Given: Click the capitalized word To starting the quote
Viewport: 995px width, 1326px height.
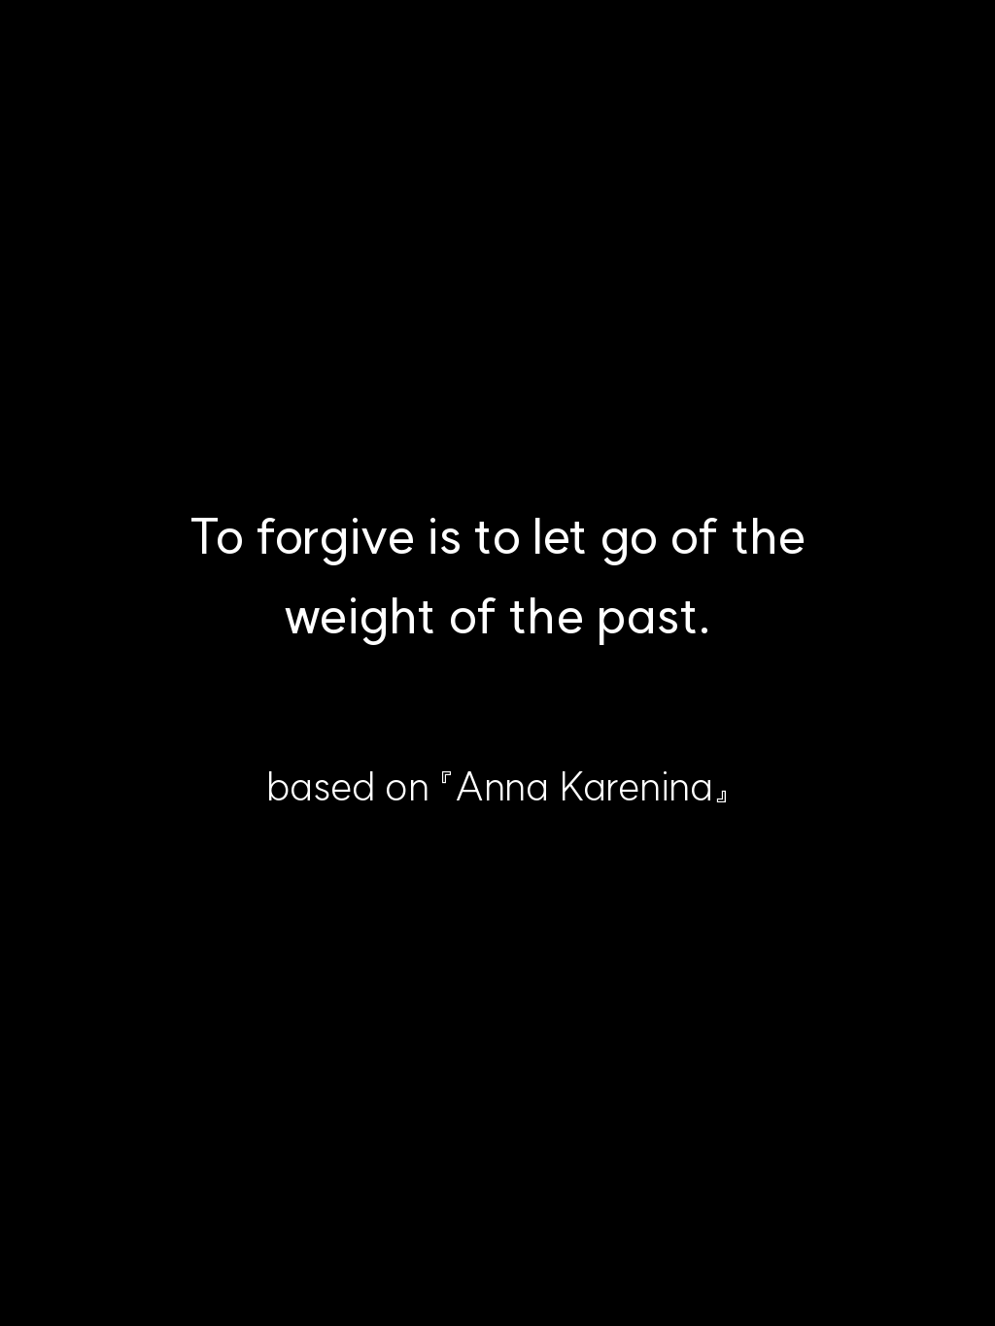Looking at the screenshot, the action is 217,536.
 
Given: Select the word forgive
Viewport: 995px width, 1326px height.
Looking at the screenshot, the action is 335,539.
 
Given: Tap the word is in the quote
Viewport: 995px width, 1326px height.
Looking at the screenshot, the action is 444,536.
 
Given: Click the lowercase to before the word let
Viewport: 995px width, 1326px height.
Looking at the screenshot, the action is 497,537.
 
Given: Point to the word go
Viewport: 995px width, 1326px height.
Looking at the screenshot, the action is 629,544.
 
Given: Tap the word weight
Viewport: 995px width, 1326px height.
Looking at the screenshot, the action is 360,619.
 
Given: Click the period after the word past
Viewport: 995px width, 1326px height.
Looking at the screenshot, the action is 703,630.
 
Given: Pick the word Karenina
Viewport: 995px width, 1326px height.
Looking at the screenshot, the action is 636,787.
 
